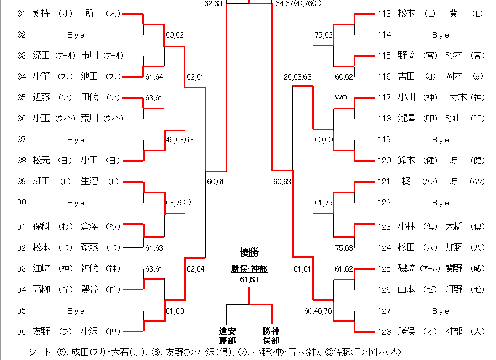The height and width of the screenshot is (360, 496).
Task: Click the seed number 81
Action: tap(22, 13)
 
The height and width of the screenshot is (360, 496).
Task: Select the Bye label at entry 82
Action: tap(76, 35)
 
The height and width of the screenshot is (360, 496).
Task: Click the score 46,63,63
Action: tap(180, 140)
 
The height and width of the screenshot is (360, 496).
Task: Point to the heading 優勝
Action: tap(249, 252)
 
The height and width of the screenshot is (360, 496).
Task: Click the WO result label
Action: tap(341, 98)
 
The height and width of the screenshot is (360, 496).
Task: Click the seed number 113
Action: tap(384, 13)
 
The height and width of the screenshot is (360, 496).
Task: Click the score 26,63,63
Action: tap(298, 77)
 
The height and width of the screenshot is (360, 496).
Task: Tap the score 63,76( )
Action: tap(178, 203)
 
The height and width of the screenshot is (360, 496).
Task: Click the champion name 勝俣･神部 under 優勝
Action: tap(249, 269)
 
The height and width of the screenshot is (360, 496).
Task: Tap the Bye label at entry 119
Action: tap(440, 140)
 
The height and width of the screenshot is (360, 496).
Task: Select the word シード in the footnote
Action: tap(40, 352)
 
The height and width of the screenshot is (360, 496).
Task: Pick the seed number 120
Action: tap(384, 160)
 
